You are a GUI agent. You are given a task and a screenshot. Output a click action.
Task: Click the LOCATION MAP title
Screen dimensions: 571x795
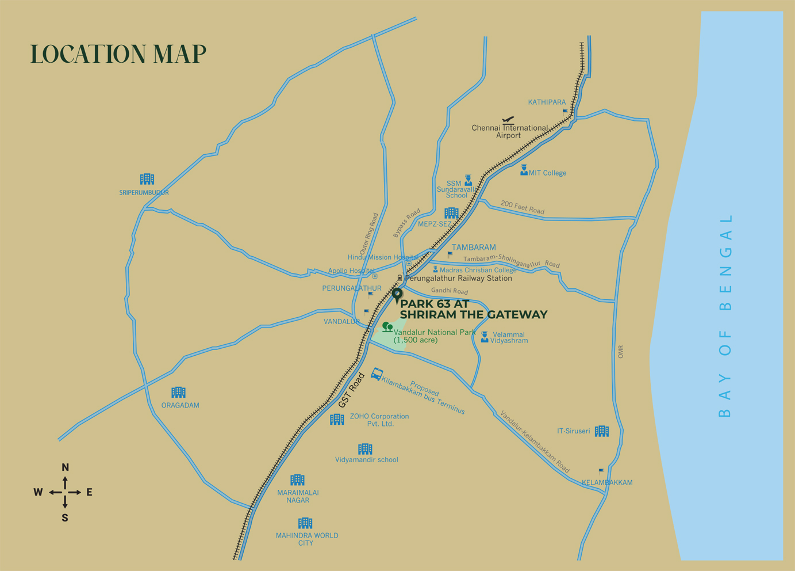(x=118, y=54)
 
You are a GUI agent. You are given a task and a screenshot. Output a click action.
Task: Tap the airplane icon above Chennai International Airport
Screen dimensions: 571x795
(x=508, y=120)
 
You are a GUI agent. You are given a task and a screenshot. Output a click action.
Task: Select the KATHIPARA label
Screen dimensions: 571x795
(x=547, y=102)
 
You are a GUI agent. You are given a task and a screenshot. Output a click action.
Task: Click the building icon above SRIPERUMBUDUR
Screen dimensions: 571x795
(x=147, y=179)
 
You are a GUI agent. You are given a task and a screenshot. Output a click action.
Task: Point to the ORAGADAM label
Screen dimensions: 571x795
(x=180, y=405)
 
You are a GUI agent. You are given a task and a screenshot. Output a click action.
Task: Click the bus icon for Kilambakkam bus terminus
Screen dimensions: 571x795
(x=377, y=374)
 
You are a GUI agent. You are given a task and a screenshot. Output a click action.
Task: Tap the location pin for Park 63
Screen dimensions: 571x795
(x=397, y=295)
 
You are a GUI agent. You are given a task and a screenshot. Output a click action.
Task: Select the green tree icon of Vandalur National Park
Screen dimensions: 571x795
(x=387, y=328)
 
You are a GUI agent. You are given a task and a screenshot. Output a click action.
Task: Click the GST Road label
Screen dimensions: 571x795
(x=352, y=390)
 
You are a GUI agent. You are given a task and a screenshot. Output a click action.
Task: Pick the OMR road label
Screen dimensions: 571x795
(x=620, y=352)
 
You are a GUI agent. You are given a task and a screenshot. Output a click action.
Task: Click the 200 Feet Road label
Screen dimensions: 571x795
(x=522, y=207)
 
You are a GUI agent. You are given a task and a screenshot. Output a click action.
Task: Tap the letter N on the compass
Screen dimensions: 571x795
(x=65, y=467)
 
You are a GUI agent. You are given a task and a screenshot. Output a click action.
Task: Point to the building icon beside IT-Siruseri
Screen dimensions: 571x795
(x=602, y=431)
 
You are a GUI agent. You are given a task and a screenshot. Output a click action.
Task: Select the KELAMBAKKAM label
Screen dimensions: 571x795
(x=607, y=482)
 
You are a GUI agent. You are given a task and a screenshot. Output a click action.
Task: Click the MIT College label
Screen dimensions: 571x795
(x=547, y=173)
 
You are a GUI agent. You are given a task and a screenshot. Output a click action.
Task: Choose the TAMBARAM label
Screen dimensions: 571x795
(x=473, y=248)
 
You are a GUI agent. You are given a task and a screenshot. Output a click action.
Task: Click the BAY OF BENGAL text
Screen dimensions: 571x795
(x=725, y=315)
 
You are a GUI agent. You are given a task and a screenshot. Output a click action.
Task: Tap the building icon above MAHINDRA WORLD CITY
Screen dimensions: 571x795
(x=305, y=523)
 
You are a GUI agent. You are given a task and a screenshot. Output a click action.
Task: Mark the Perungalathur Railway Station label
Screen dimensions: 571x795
(x=458, y=279)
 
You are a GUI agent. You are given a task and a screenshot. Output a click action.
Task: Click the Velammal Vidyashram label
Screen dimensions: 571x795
(x=509, y=338)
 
